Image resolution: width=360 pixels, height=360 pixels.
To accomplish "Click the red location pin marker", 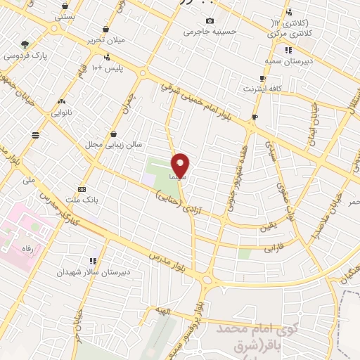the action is [x=181, y=165].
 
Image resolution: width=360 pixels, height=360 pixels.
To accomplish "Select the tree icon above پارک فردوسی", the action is [x=25, y=44].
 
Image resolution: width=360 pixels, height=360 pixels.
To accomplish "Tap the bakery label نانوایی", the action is [x=62, y=111].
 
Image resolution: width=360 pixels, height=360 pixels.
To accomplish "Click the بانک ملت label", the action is [x=82, y=199].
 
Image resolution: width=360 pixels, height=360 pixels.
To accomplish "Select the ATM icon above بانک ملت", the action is [x=82, y=188].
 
